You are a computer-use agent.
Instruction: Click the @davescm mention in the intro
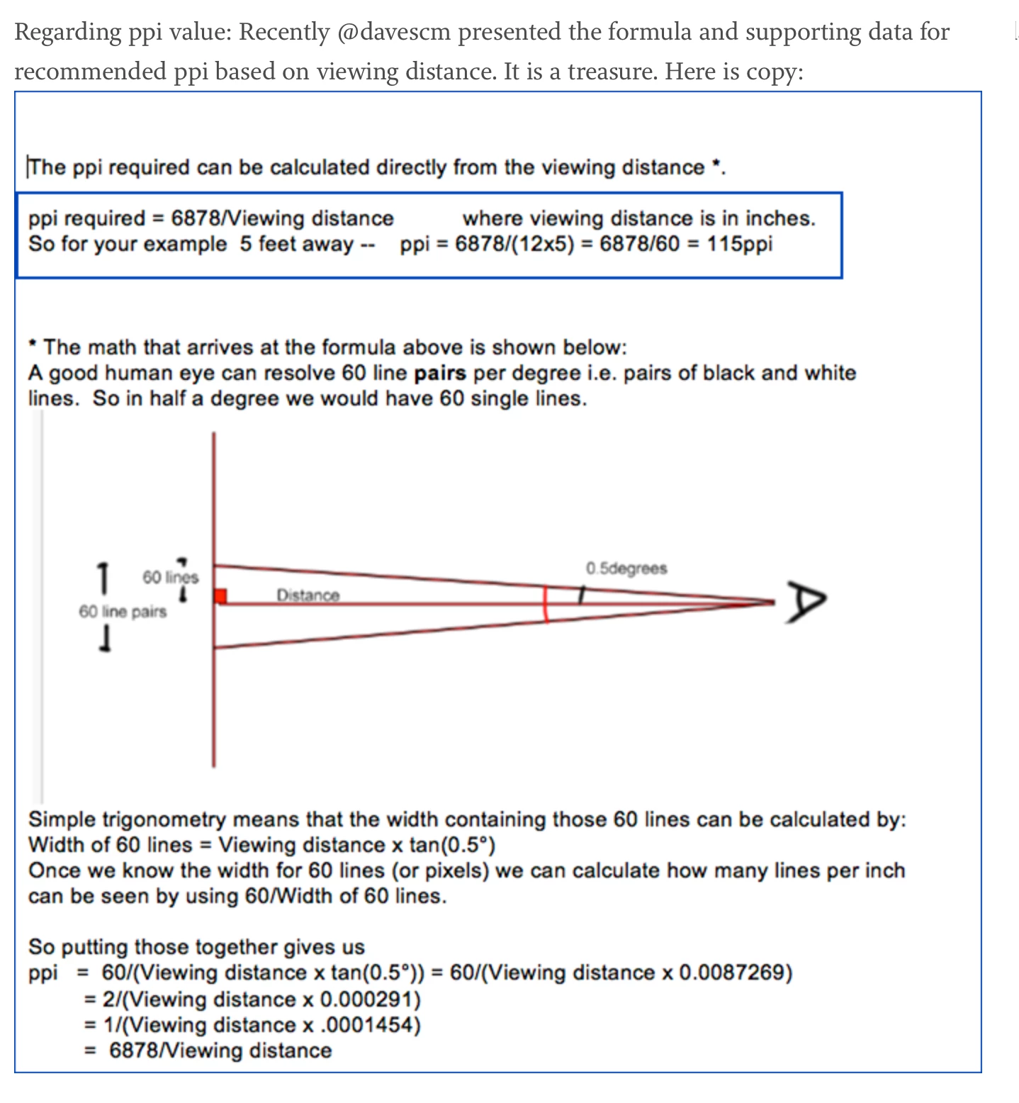coord(393,33)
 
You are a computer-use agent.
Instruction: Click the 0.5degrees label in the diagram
coord(626,569)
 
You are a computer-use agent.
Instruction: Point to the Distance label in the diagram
coord(308,595)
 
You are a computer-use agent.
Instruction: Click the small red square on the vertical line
coord(220,596)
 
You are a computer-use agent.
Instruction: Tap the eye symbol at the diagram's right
coord(805,603)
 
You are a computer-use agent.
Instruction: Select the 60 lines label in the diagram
coord(170,577)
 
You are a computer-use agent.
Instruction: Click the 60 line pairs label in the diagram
coord(123,612)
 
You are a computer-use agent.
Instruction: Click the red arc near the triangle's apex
coord(546,604)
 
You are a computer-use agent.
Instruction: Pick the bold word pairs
coord(440,373)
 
